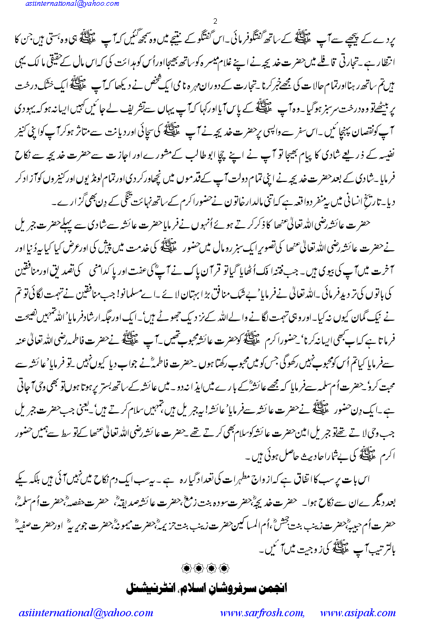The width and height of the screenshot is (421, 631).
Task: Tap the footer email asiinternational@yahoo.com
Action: pos(85,613)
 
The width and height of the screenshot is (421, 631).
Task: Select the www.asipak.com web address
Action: pos(358,613)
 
